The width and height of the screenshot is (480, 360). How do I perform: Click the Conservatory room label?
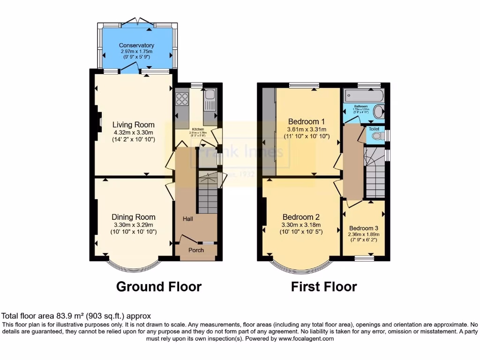tap(136, 45)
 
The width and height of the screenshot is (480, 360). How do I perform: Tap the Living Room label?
tap(134, 125)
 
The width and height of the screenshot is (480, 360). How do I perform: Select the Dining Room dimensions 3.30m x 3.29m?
tap(134, 225)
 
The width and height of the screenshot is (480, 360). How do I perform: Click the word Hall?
tap(188, 219)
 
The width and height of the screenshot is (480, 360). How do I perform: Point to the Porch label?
tap(196, 250)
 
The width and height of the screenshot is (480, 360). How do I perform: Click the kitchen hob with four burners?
tap(181, 99)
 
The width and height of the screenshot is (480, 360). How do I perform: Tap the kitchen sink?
tap(209, 95)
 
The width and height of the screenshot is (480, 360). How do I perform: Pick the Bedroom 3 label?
tap(364, 228)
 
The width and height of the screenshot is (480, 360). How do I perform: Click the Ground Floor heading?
tap(158, 286)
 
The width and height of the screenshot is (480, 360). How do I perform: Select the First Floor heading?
tap(324, 286)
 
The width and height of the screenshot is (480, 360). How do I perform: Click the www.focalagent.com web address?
tap(307, 338)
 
